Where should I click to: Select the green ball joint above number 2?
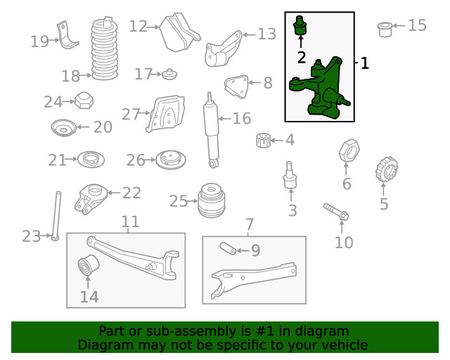(x=300, y=25)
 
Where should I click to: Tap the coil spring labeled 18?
(x=105, y=49)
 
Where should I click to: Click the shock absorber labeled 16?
(x=212, y=130)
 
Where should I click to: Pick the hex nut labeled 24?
(x=84, y=101)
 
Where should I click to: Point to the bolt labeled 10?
(x=336, y=212)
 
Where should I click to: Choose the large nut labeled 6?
(x=349, y=150)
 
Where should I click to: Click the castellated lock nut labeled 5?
(x=387, y=169)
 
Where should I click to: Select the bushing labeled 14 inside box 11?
(x=89, y=264)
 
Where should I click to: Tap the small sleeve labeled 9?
(x=228, y=248)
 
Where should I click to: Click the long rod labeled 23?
(x=56, y=216)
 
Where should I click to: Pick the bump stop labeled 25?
(x=212, y=200)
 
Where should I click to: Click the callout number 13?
(x=267, y=34)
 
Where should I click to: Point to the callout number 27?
(x=131, y=114)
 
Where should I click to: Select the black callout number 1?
(x=364, y=63)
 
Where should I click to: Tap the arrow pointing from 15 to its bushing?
(x=399, y=25)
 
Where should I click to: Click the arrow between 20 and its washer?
(x=83, y=127)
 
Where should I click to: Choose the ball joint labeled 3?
(x=290, y=175)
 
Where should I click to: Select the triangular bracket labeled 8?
(x=237, y=86)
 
